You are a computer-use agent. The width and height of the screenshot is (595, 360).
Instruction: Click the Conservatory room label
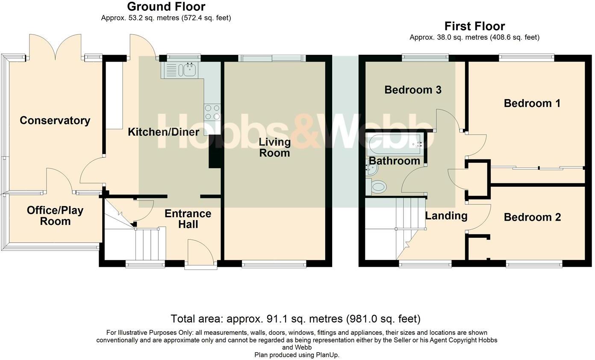click(55, 121)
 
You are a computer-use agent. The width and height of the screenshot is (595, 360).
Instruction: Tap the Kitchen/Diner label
click(164, 132)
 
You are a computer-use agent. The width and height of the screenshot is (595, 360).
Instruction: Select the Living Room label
click(275, 148)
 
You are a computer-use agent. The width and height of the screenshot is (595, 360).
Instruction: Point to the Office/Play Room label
click(55, 216)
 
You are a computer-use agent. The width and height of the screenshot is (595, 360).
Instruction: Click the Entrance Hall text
click(188, 219)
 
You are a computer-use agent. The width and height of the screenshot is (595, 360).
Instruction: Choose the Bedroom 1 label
click(532, 103)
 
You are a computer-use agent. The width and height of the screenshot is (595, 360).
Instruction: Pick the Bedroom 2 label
click(532, 217)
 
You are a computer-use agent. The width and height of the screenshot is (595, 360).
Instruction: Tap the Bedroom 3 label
click(413, 90)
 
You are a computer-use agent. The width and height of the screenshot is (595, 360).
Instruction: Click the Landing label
click(446, 216)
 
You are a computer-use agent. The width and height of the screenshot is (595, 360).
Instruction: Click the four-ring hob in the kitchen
click(212, 112)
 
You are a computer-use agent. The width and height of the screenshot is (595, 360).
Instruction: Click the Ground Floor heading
click(166, 7)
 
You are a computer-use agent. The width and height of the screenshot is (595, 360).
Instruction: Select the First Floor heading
click(474, 27)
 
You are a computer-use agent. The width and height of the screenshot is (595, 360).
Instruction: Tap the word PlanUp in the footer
click(328, 355)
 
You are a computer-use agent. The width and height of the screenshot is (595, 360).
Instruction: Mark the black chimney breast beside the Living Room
click(215, 151)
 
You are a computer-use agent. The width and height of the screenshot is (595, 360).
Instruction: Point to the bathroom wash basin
click(371, 169)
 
